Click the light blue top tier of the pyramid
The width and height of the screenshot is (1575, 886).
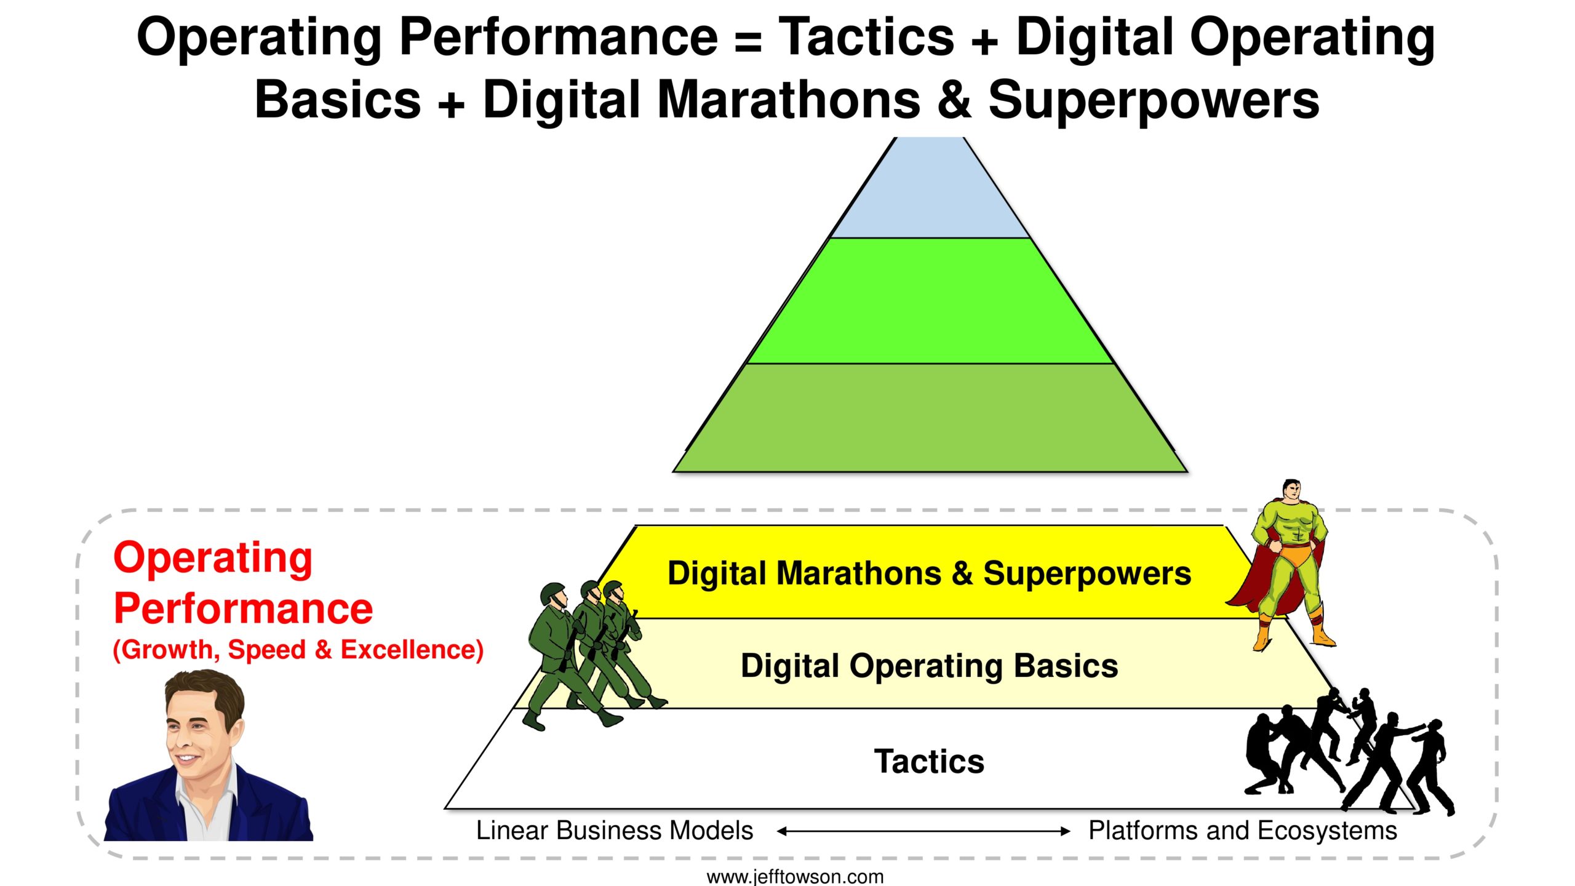point(930,191)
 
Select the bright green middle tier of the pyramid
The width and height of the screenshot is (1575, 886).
point(930,301)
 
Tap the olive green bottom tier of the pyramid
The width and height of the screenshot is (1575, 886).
point(930,418)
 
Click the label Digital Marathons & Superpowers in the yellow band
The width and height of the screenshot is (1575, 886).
point(929,573)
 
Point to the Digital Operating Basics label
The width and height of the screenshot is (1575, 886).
point(929,666)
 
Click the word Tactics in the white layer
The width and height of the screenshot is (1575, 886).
point(929,761)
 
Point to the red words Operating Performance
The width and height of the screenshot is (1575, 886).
point(243,583)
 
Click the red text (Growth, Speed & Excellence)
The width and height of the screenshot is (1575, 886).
point(298,650)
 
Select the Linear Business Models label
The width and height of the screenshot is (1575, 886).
point(615,831)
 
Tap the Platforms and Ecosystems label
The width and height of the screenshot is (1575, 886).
point(1243,831)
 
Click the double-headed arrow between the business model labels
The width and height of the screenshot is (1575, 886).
point(923,831)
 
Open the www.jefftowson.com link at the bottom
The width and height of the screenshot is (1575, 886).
point(795,876)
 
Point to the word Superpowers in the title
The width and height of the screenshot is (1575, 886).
point(1154,100)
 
